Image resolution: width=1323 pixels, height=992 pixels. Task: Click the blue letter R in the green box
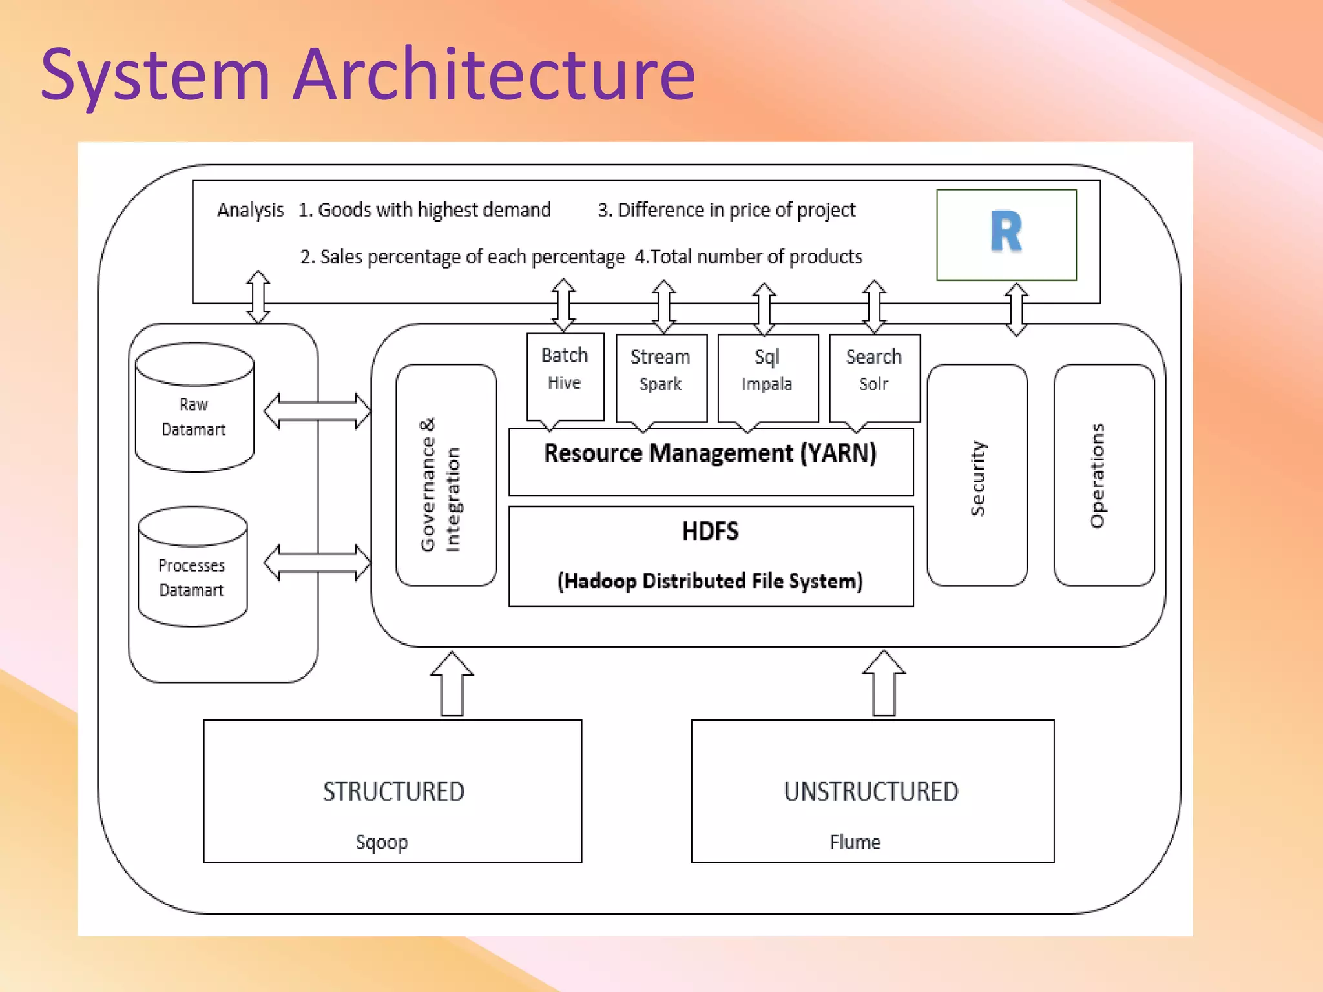(1006, 232)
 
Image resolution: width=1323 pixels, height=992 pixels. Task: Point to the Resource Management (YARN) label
(710, 453)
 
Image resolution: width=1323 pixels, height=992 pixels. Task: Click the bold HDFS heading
(710, 532)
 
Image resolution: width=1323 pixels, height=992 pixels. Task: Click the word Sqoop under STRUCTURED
(382, 842)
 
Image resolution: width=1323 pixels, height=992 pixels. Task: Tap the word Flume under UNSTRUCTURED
(855, 842)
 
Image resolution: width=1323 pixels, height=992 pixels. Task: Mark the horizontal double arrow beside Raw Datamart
(317, 411)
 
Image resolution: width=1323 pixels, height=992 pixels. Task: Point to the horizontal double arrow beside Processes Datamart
(317, 562)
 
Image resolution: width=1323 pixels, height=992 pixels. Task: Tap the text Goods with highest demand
(434, 210)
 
